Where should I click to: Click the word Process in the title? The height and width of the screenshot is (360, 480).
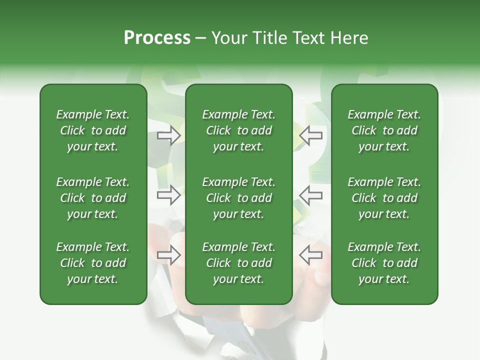click(157, 38)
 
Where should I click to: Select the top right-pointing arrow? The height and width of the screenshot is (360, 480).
click(169, 135)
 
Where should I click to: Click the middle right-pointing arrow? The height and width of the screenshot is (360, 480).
click(169, 195)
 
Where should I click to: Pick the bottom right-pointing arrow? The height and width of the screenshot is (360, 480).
click(169, 255)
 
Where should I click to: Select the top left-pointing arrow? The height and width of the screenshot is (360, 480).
click(311, 135)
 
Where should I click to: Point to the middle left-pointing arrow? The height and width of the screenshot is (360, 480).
click(311, 195)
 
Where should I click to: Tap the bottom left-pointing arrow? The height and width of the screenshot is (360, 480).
click(311, 255)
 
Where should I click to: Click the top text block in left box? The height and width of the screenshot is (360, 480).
click(93, 130)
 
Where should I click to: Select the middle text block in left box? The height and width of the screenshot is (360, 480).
click(93, 198)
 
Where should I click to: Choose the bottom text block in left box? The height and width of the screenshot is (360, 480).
click(93, 263)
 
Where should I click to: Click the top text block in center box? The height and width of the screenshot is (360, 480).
click(238, 130)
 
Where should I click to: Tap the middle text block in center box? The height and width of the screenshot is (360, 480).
click(238, 198)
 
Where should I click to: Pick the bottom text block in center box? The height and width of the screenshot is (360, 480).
click(238, 263)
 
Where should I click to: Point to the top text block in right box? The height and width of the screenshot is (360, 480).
click(384, 130)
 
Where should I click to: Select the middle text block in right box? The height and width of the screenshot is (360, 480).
click(384, 198)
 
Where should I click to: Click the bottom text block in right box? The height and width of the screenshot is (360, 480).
click(384, 263)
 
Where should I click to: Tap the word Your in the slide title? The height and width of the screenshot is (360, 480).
click(227, 38)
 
